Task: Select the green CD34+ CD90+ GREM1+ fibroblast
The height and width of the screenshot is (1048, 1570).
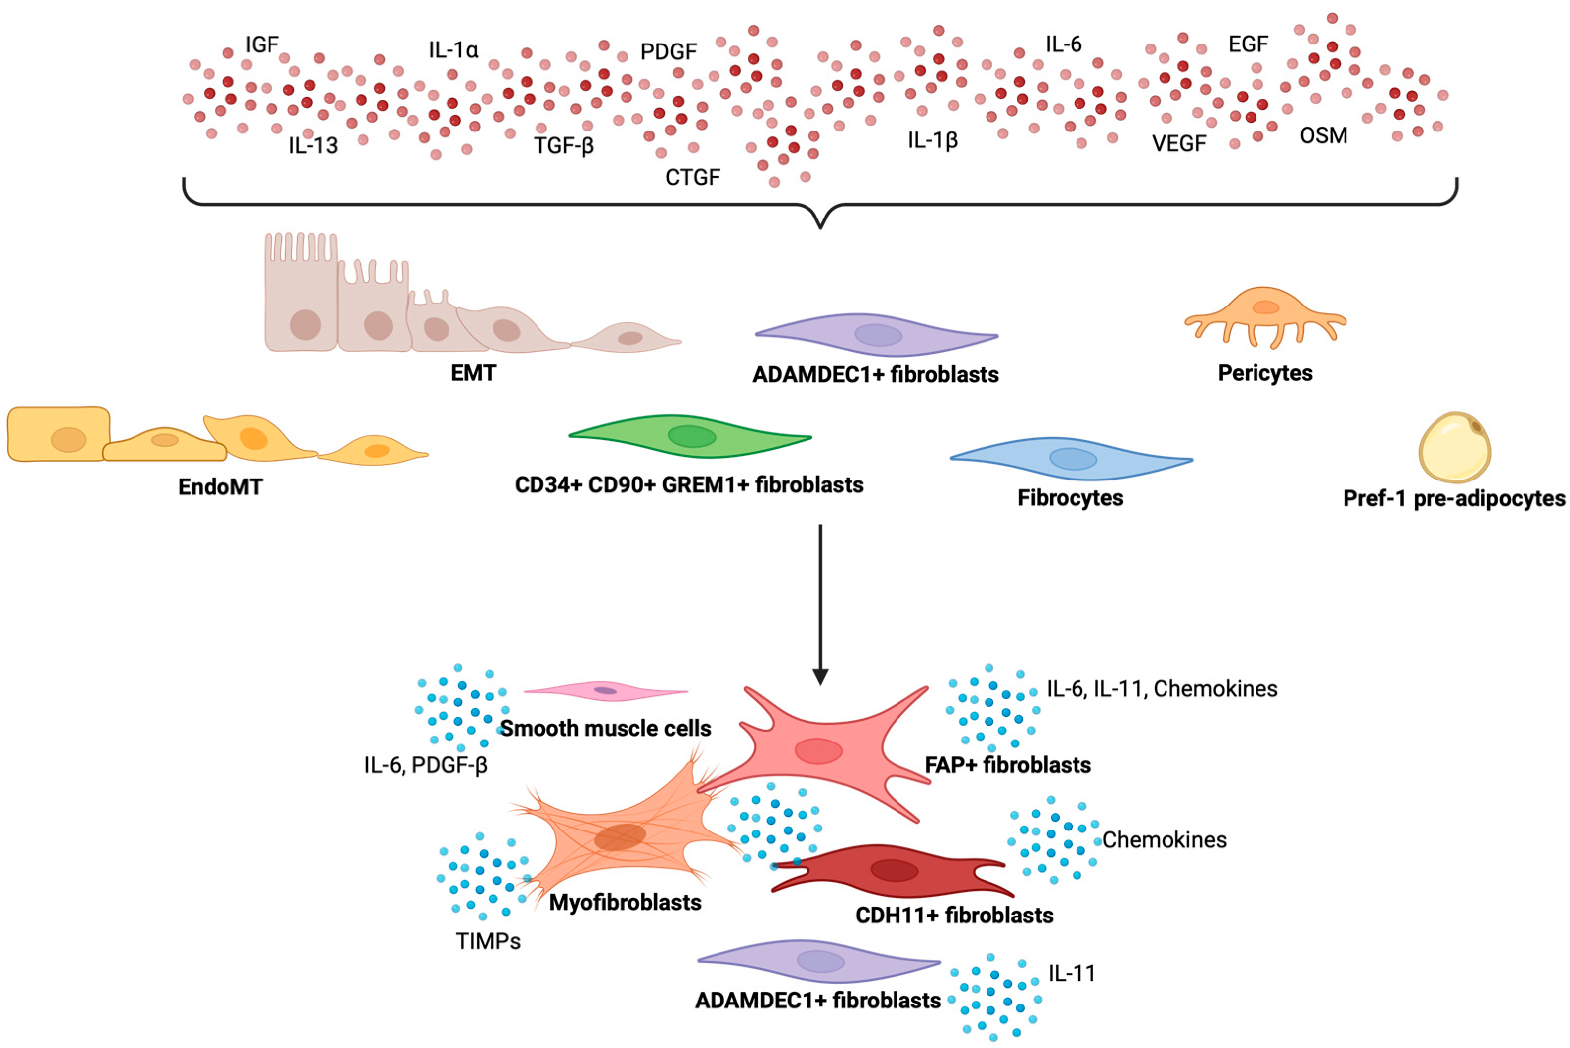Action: coord(690,437)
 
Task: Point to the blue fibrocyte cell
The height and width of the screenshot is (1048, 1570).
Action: coord(1072,459)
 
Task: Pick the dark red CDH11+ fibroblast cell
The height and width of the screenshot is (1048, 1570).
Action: coord(894,871)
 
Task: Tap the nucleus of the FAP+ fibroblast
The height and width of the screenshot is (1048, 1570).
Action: coord(818,750)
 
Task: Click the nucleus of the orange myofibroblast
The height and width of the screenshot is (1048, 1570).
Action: coord(620,837)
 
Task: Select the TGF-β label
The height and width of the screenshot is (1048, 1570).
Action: coord(563,145)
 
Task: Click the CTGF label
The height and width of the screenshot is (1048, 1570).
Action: coord(692,177)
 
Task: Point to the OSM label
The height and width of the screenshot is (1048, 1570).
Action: coord(1323,135)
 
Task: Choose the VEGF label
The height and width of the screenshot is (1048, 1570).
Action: coord(1179,143)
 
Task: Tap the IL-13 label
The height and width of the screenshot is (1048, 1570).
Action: coord(313,145)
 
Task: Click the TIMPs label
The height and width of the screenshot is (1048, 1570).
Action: coord(488,941)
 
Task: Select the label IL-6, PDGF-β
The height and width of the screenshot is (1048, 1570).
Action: coord(426,765)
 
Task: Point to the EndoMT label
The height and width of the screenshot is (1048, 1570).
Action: coord(220,486)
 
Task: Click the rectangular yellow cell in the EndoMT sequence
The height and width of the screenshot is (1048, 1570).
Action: coord(59,435)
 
